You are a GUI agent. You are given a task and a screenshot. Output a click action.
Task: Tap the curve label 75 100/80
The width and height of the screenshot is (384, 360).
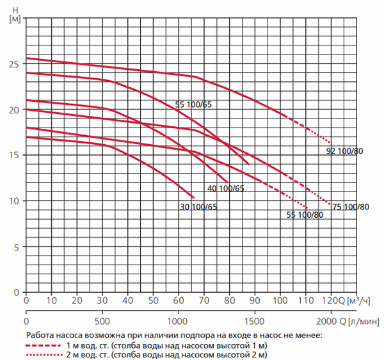[351, 206]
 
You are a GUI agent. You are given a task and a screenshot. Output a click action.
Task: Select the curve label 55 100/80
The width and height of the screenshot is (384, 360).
[304, 215]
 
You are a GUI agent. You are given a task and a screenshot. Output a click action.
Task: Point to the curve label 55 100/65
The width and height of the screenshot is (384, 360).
[193, 104]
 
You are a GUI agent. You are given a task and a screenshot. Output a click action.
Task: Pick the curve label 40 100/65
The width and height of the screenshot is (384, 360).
[226, 188]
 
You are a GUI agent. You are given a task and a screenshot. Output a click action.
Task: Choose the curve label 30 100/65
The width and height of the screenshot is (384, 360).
[198, 206]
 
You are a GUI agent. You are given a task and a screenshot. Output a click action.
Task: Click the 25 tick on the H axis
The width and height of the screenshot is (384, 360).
[17, 64]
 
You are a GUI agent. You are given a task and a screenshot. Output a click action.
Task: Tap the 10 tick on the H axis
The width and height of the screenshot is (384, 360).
[17, 201]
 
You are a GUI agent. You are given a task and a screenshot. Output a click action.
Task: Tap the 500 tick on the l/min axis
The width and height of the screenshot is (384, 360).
[102, 320]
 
